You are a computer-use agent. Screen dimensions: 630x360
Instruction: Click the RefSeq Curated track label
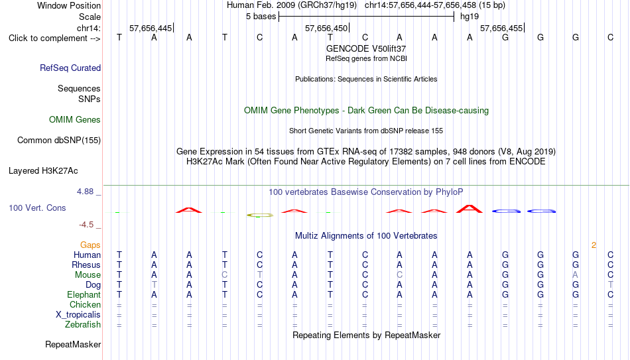(x=70, y=68)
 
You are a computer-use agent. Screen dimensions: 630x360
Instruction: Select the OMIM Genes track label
(x=75, y=120)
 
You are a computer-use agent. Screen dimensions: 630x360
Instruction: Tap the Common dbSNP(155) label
(x=59, y=141)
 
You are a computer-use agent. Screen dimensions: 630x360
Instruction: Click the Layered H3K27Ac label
(x=43, y=171)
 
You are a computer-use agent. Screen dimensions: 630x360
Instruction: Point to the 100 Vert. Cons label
(x=37, y=208)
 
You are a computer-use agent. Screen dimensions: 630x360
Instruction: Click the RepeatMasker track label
(x=73, y=344)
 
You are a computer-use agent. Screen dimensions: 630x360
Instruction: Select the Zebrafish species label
(x=83, y=325)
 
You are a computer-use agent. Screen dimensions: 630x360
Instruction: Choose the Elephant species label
(x=84, y=294)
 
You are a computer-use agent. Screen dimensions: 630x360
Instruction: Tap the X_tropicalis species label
(x=78, y=315)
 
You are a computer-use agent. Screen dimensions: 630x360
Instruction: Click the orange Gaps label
(x=90, y=245)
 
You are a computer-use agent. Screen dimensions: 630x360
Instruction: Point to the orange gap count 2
(x=594, y=245)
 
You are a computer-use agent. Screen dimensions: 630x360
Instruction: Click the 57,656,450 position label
(x=326, y=28)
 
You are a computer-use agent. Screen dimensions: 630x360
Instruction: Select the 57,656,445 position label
(x=151, y=28)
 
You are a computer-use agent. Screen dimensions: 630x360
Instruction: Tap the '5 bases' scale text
(x=261, y=17)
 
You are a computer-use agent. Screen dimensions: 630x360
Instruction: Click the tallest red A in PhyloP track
(x=470, y=209)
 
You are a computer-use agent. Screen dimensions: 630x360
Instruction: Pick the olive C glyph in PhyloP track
(x=259, y=215)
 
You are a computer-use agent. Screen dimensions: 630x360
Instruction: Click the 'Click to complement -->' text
(x=54, y=38)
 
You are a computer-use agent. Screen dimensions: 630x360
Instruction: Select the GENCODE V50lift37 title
(x=366, y=48)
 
